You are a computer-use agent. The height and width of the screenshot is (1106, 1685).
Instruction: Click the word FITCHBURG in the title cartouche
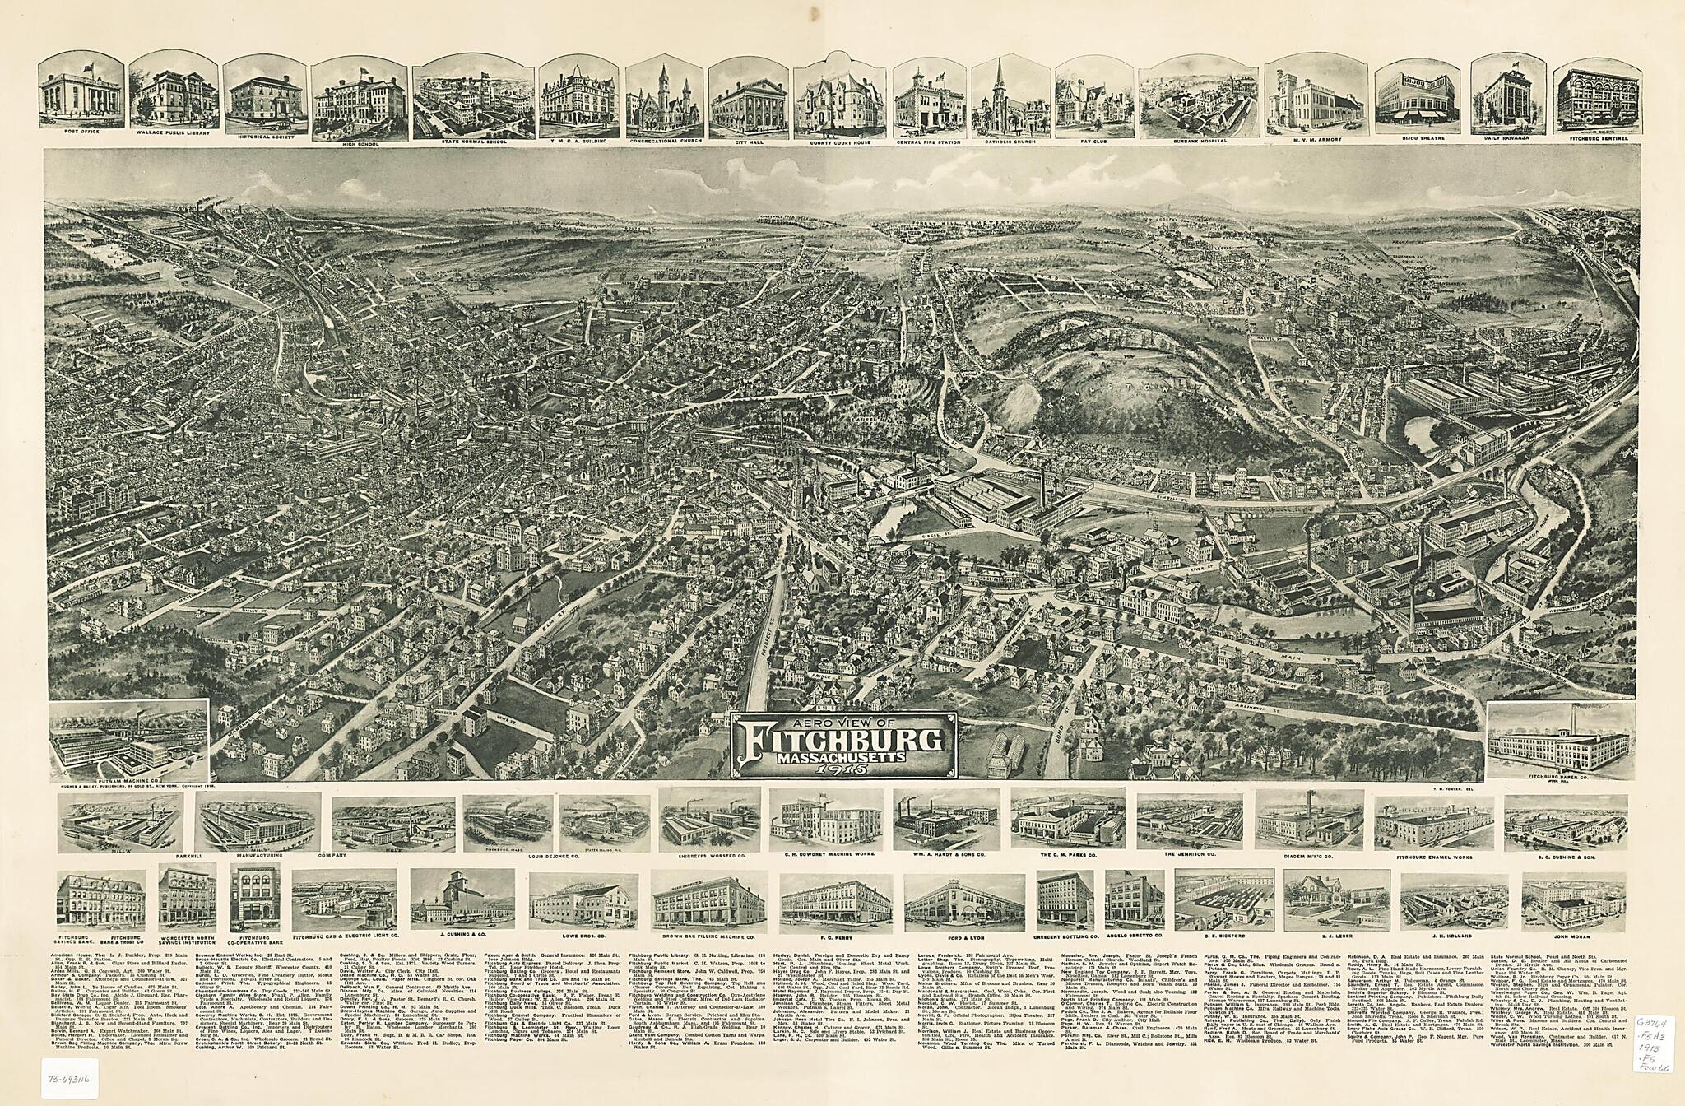(843, 740)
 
